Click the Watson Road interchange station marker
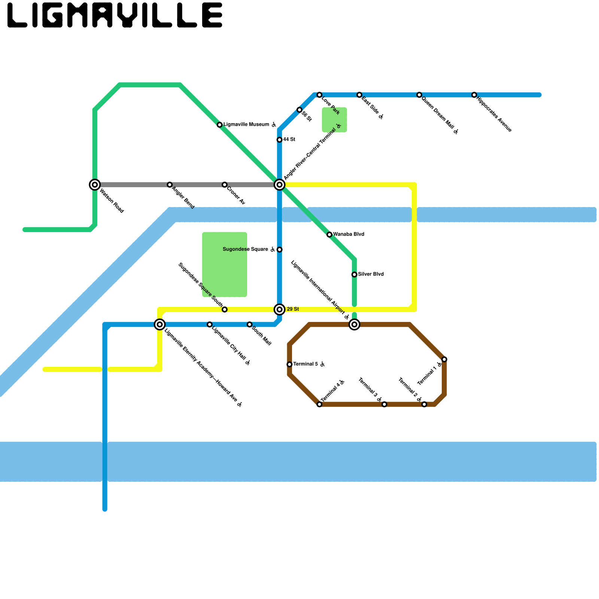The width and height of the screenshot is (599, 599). coord(95,185)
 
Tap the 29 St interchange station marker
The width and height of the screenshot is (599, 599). coord(279,310)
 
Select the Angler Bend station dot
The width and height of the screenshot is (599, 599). coord(170,185)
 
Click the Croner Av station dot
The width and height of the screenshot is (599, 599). coord(224,185)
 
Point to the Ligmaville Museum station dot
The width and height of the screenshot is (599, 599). coord(220,125)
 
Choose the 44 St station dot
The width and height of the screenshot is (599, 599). coord(279,140)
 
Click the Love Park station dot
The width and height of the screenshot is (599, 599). coord(319,95)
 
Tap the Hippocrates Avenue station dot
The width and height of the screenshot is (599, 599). coord(474,95)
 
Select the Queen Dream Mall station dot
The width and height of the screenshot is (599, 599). coord(419,95)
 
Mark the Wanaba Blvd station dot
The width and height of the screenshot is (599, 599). coord(329,235)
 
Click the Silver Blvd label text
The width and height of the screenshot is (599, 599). coord(371,274)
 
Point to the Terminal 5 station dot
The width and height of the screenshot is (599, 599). coord(289,365)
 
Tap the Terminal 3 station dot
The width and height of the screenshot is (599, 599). coord(384,404)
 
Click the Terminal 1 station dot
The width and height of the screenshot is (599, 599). coord(444,360)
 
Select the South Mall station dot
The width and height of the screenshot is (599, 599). coord(249,325)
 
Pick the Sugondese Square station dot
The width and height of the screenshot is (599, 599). coord(279,250)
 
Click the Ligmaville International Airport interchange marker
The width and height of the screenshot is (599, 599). coord(354,325)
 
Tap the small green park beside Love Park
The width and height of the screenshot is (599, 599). coord(334,120)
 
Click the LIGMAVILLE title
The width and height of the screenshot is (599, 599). coord(115,15)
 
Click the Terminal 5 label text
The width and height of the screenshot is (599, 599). coord(305,364)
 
